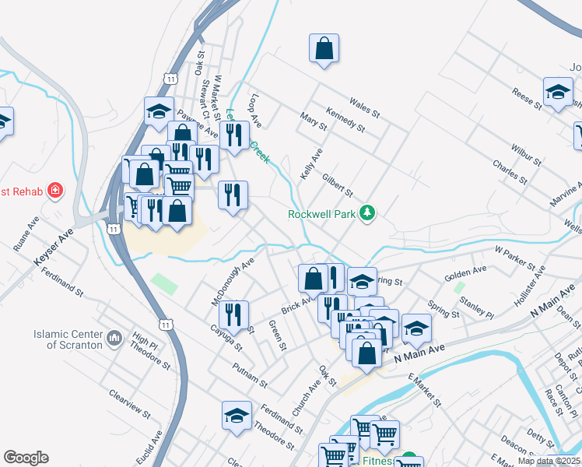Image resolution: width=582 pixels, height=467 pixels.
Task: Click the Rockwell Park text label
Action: coord(322,214)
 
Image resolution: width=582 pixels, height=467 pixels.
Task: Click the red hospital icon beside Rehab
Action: coord(54,191)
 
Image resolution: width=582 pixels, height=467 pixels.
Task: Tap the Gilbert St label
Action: coord(338,186)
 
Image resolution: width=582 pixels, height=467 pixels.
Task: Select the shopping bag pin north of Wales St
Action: coord(324,48)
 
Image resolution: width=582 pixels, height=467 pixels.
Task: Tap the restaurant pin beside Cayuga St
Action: coord(233,315)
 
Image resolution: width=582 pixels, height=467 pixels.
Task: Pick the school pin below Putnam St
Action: coord(237,416)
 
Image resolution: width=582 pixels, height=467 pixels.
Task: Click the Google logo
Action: coord(26,458)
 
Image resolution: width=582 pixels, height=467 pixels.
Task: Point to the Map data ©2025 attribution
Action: coord(549,461)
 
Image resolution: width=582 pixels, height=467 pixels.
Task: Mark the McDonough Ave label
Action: coord(233,283)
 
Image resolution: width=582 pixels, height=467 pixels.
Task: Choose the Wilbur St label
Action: coord(526,154)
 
